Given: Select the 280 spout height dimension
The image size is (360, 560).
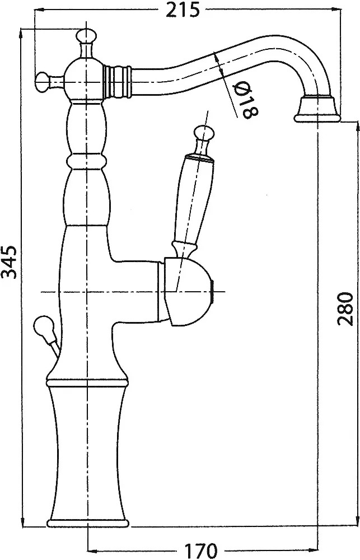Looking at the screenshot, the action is [x=345, y=309].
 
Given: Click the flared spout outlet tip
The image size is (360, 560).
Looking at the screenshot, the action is [x=317, y=110].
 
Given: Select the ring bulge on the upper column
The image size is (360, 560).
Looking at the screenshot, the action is [x=86, y=161].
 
